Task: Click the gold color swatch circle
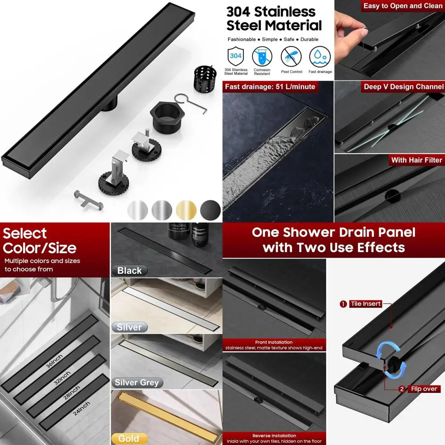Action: [x=186, y=209]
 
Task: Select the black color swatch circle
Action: [x=210, y=209]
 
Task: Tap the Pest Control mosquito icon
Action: [x=291, y=57]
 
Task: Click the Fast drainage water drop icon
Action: [x=320, y=57]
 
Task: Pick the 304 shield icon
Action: [x=236, y=57]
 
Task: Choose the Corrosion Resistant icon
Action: [x=262, y=57]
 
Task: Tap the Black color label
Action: [x=129, y=271]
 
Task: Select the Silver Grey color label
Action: [x=136, y=383]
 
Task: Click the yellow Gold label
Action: [x=129, y=439]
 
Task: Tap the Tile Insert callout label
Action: [x=366, y=304]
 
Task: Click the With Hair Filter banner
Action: [x=417, y=160]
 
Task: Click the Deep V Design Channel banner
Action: [x=403, y=87]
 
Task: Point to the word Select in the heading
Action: [x=25, y=233]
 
